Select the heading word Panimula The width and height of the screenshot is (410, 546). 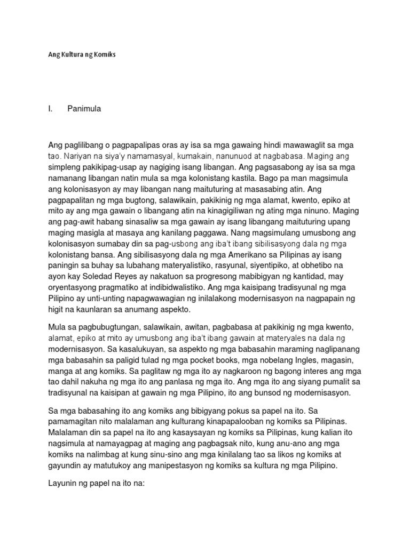pyautogui.click(x=84, y=109)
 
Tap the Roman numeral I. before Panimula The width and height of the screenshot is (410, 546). pyautogui.click(x=50, y=109)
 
